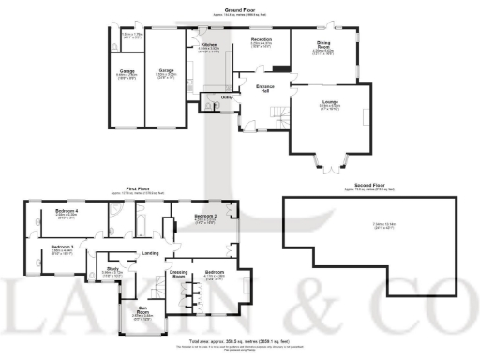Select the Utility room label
(x=227, y=97)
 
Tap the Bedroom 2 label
(x=205, y=217)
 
